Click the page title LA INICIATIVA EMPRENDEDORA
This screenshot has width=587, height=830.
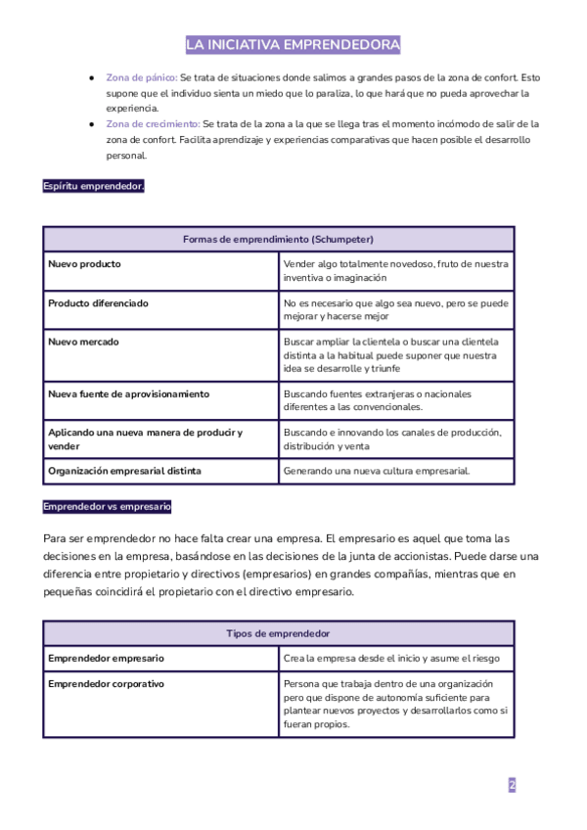tap(293, 45)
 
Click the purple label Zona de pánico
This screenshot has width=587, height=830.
tap(141, 77)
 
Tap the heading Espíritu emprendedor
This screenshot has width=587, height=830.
tap(94, 186)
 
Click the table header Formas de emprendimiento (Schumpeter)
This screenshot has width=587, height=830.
tap(278, 240)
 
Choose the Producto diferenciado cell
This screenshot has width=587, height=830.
tap(98, 303)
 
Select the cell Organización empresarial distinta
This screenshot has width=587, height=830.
tap(124, 471)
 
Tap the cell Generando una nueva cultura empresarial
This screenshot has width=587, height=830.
tap(377, 471)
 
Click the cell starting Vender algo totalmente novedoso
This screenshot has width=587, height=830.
tap(395, 271)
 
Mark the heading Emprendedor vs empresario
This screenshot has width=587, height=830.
tap(108, 507)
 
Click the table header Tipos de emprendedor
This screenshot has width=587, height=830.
tap(278, 634)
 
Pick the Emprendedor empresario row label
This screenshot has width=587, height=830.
tap(106, 659)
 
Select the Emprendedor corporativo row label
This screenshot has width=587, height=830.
tap(106, 683)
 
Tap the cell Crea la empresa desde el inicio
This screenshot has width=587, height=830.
tap(391, 659)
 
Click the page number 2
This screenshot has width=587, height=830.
tap(512, 785)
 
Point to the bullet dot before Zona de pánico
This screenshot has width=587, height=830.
tap(91, 77)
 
